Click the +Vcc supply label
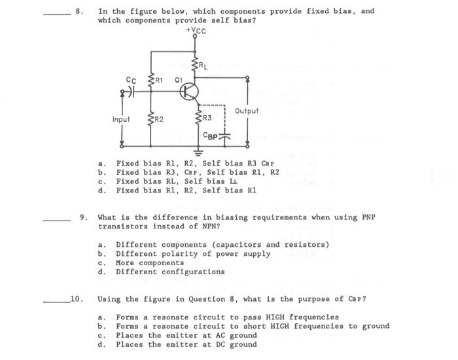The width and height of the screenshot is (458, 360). tap(196, 29)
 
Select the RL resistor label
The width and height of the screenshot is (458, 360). tap(204, 65)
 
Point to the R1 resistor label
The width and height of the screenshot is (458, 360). tap(159, 80)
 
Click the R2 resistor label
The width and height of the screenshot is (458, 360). tap(160, 119)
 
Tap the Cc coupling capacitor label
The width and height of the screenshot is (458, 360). tap(130, 80)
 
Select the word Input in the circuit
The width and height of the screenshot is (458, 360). tap(121, 120)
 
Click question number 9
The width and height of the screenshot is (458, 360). tap(83, 217)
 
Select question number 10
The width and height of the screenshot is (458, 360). tap(76, 299)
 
